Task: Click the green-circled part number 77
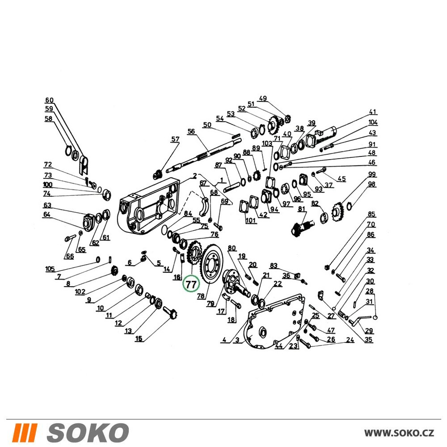[x=191, y=284]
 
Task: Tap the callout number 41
[x=372, y=112]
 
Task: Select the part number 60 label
[x=49, y=100]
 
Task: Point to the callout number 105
[x=50, y=269]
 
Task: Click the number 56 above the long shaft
[x=191, y=131]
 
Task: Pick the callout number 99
[x=372, y=174]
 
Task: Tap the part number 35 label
[x=369, y=340]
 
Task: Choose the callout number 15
[x=139, y=338]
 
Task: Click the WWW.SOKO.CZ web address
[x=399, y=433]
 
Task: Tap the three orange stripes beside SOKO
[x=26, y=433]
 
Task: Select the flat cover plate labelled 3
[x=275, y=320]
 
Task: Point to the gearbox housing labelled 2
[x=148, y=205]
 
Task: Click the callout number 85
[x=371, y=214]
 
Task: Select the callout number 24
[x=350, y=340]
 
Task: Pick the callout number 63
[x=47, y=205]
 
